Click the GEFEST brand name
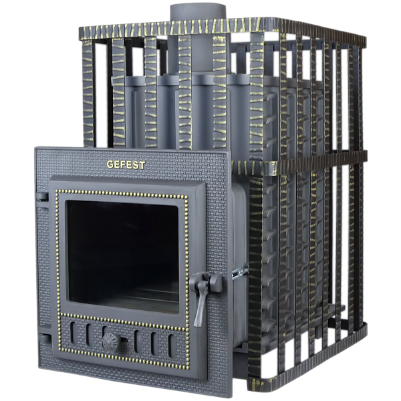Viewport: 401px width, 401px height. [x=126, y=164]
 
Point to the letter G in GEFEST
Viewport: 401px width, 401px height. [x=110, y=164]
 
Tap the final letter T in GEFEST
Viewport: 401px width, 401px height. [x=142, y=165]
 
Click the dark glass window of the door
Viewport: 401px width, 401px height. [x=123, y=257]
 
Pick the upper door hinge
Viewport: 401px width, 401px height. [x=43, y=196]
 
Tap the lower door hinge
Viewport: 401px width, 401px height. [x=45, y=339]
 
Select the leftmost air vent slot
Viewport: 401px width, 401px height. [x=73, y=332]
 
